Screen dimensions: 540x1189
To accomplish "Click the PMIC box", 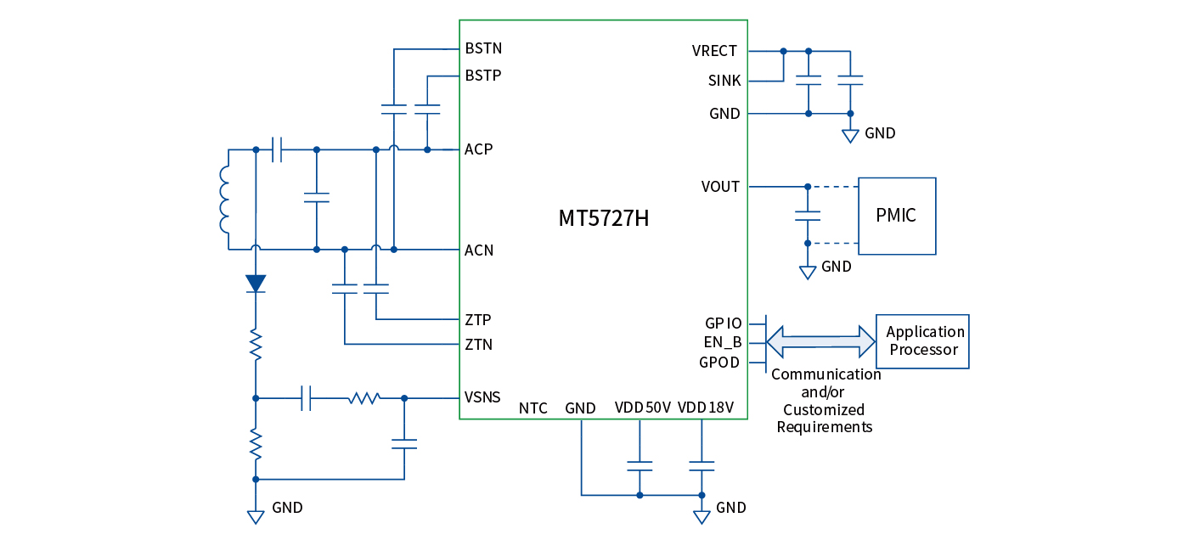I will point(896,216).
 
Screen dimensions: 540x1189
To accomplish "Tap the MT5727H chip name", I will point(604,218).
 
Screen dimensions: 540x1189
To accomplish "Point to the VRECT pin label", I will point(714,51).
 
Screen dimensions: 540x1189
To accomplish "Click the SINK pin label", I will point(724,82).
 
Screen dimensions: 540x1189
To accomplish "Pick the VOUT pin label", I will point(720,187).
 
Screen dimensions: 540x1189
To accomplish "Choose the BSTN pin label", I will point(483,48).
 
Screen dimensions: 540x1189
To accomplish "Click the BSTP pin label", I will point(483,76).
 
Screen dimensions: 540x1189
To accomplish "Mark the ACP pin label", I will point(479,149).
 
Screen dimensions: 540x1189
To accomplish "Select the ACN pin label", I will point(479,250).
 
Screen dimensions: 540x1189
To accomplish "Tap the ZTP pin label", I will point(478,320).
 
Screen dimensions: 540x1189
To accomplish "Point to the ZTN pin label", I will point(478,345).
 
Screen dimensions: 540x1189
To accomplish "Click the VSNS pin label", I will point(482,397).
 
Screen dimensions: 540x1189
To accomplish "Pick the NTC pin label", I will point(533,408).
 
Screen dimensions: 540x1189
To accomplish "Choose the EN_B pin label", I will point(724,343).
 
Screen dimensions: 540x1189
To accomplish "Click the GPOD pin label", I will point(719,363).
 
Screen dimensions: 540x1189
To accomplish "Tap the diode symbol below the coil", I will point(256,284).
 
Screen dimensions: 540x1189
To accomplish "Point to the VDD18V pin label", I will point(706,408).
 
